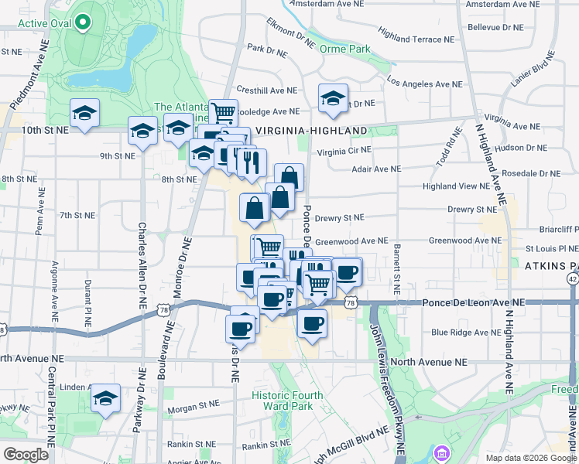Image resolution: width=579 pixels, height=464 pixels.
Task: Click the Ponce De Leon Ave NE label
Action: coord(473,304)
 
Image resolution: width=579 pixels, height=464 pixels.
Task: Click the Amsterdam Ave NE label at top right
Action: coord(503,4)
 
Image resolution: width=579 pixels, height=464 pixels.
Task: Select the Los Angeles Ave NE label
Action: coord(425,83)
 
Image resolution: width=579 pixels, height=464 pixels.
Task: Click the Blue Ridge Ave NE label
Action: coord(461,332)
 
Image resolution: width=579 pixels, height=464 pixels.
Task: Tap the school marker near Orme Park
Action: coord(333,97)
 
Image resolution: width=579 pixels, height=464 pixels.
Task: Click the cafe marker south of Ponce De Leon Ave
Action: coord(312,323)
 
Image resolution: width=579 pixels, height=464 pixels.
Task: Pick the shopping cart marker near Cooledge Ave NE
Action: coord(223,112)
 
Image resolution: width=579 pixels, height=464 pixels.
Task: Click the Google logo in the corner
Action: coord(26,455)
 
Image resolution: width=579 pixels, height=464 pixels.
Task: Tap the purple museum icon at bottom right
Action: coord(441,452)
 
